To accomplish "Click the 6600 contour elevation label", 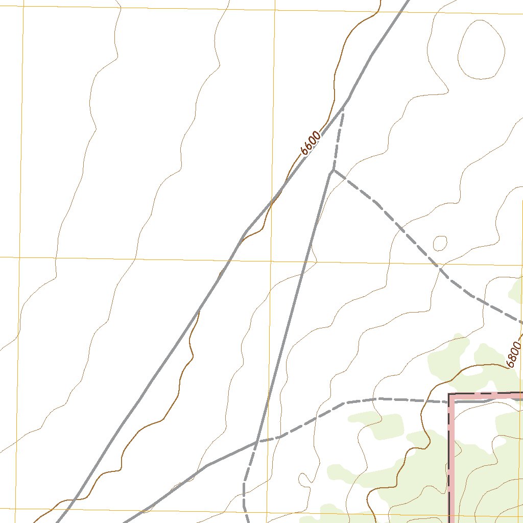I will pyautogui.click(x=311, y=144).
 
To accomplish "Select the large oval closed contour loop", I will pyautogui.click(x=481, y=50).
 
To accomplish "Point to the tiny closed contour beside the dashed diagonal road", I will pyautogui.click(x=440, y=243).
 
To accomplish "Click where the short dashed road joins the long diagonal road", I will pyautogui.click(x=344, y=106).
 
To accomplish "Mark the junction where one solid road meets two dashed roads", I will pyautogui.click(x=333, y=171).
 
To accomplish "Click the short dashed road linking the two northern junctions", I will pyautogui.click(x=339, y=138).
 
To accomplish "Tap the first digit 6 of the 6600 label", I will pyautogui.click(x=305, y=151).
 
